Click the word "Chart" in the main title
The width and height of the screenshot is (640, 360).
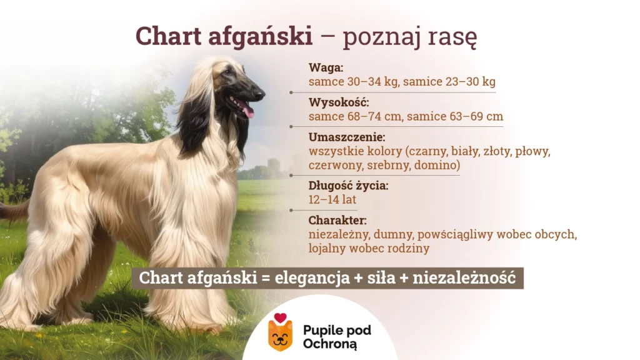click(169, 36)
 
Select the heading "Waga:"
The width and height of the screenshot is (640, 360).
click(326, 67)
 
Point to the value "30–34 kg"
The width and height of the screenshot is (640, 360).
click(372, 82)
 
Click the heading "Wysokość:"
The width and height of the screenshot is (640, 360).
click(338, 102)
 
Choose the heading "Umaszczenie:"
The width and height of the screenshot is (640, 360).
click(346, 137)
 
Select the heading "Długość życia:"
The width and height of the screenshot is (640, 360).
click(348, 186)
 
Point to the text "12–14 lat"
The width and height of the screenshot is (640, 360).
click(332, 199)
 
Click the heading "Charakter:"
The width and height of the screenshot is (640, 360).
click(337, 221)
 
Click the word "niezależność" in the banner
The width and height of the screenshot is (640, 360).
click(464, 277)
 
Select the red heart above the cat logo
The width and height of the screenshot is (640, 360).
click(280, 317)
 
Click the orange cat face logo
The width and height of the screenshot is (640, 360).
click(280, 336)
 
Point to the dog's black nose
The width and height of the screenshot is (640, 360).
click(259, 94)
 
